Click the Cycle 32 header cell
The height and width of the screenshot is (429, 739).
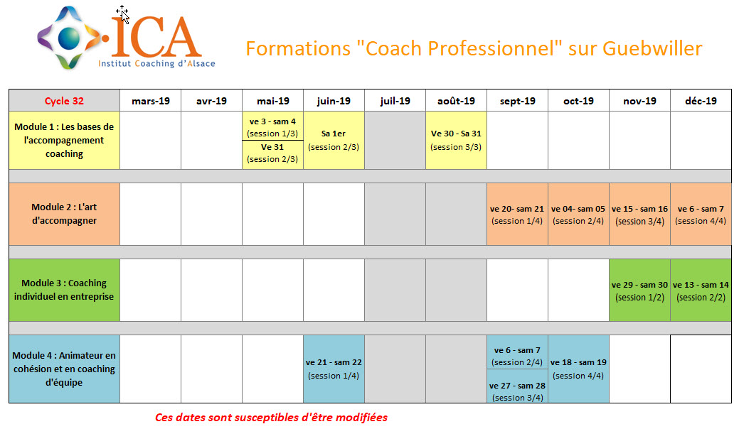tap(64, 101)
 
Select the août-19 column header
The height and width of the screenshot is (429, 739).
tap(456, 101)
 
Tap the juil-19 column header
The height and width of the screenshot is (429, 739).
tap(395, 101)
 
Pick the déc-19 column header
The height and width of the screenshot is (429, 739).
tap(701, 101)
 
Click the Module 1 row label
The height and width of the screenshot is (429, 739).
tap(64, 140)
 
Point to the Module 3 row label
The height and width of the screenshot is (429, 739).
tap(64, 290)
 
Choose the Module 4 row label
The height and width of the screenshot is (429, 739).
tap(64, 369)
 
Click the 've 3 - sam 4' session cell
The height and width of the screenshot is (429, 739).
tap(272, 127)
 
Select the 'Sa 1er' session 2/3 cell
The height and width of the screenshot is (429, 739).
tap(334, 140)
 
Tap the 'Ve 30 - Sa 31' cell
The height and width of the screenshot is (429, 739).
tap(456, 140)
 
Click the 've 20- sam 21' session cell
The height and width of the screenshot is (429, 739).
tap(517, 214)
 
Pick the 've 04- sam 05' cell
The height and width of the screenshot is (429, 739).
tap(578, 214)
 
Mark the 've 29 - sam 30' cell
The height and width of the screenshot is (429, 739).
tap(639, 290)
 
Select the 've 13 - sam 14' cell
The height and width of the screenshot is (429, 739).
tap(701, 290)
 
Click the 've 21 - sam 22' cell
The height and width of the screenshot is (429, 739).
tap(334, 369)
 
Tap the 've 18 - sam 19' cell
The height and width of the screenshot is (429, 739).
tap(578, 369)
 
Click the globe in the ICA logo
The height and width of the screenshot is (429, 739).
tap(69, 38)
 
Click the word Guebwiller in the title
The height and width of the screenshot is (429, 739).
tap(652, 48)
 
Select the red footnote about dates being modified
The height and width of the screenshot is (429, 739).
tap(272, 417)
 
